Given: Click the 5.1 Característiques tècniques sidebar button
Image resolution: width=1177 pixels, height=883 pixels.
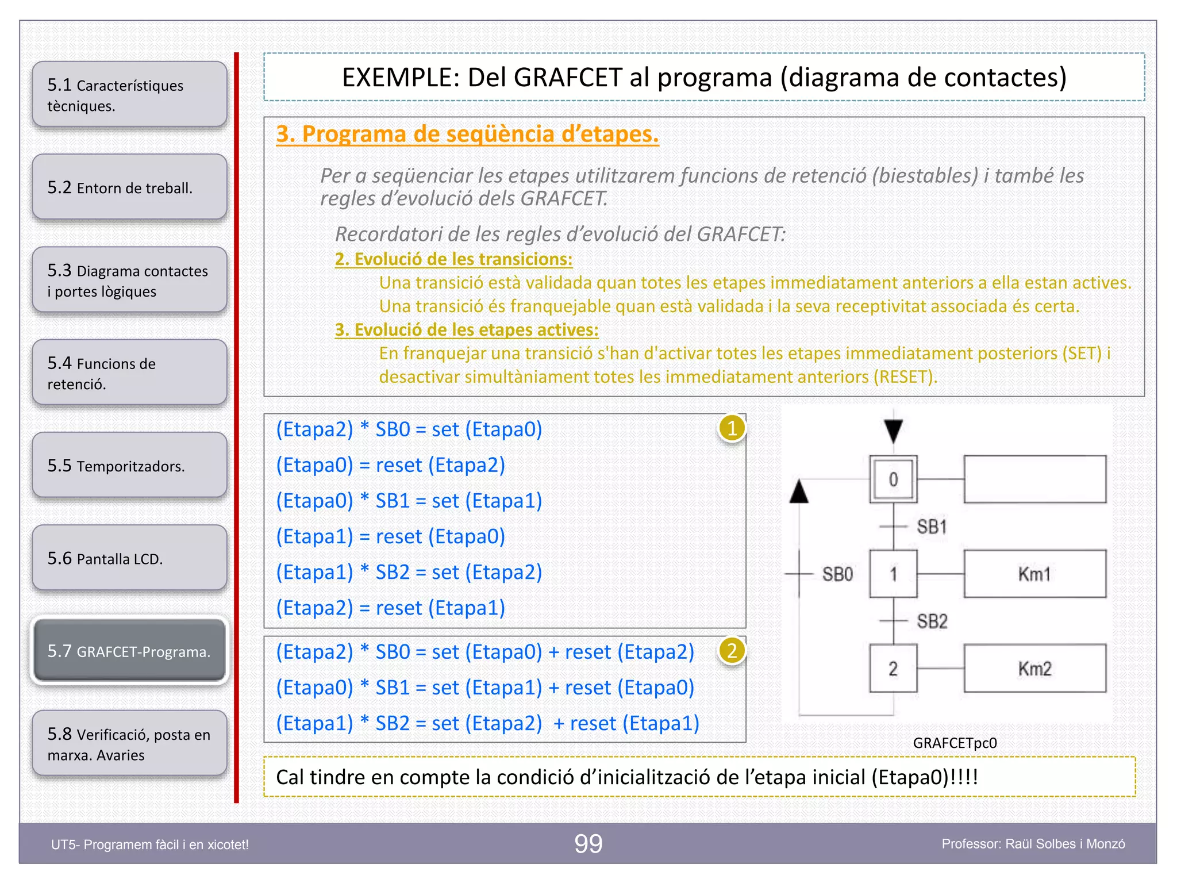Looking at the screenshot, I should pyautogui.click(x=129, y=95).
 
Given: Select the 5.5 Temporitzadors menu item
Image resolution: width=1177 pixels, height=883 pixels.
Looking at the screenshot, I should pyautogui.click(x=129, y=466).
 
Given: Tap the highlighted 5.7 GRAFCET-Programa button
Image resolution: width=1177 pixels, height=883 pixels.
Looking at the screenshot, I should pyautogui.click(x=129, y=651).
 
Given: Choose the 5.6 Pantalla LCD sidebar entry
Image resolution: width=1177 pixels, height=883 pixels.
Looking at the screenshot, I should pyautogui.click(x=129, y=558).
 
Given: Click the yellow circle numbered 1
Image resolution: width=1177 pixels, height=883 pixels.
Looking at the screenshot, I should pyautogui.click(x=732, y=429).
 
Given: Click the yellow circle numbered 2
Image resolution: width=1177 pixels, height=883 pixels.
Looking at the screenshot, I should pyautogui.click(x=732, y=651).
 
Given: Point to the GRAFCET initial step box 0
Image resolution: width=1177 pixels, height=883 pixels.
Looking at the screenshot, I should pyautogui.click(x=893, y=479).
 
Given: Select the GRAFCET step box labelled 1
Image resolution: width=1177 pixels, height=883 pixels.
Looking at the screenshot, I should pyautogui.click(x=893, y=574).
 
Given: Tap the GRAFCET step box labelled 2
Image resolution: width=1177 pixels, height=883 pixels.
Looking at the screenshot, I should pyautogui.click(x=893, y=669).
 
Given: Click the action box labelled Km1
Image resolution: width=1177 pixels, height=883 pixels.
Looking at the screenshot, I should pyautogui.click(x=1034, y=574).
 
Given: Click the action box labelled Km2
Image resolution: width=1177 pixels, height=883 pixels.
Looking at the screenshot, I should pyautogui.click(x=1034, y=669).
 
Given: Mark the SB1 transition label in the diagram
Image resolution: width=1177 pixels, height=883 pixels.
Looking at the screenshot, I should pyautogui.click(x=932, y=527).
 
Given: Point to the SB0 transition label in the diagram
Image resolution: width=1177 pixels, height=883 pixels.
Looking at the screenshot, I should pyautogui.click(x=837, y=574).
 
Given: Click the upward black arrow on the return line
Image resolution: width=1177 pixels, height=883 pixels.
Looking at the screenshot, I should pyautogui.click(x=799, y=492).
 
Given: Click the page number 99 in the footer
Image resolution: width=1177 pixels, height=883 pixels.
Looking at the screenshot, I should pyautogui.click(x=588, y=844).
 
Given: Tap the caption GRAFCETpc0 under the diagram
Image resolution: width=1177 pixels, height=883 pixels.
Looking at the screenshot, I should pyautogui.click(x=955, y=743).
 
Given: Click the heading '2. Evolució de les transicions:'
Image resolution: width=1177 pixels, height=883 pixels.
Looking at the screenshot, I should pyautogui.click(x=453, y=259).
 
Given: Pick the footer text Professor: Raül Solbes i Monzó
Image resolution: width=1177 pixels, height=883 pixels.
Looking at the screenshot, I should pyautogui.click(x=1033, y=844).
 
